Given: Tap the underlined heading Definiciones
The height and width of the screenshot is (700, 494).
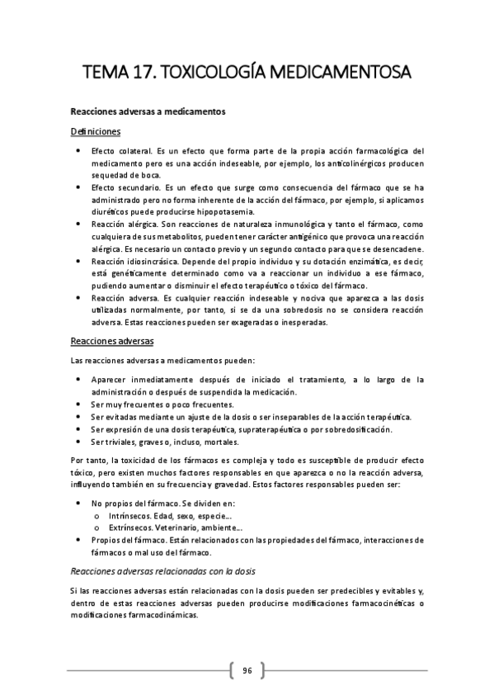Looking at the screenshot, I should (96, 131).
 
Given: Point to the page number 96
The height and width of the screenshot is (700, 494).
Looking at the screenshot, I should (247, 669).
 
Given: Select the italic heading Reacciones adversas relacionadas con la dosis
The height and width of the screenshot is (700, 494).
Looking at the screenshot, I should (162, 570).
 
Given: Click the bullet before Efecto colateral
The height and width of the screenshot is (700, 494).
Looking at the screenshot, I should (77, 151).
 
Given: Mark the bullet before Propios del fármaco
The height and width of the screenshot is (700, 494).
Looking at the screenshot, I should (77, 540).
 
